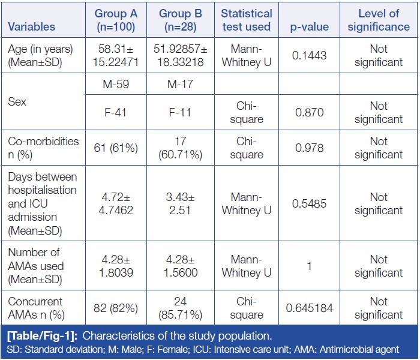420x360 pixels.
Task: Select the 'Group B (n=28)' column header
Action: [180, 20]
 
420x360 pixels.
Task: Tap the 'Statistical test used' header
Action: [246, 20]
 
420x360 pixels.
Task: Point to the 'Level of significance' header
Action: [378, 20]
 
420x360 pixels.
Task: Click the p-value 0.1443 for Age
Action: [309, 55]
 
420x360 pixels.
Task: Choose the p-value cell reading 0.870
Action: [309, 112]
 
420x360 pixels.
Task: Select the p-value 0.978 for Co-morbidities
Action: [309, 148]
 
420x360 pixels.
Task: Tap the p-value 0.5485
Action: [309, 203]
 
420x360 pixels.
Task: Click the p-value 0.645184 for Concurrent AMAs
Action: [309, 308]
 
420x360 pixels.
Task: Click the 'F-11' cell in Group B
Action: [180, 112]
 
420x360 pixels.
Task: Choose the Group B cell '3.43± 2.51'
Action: [180, 203]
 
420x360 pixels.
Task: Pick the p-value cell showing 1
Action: [309, 266]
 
